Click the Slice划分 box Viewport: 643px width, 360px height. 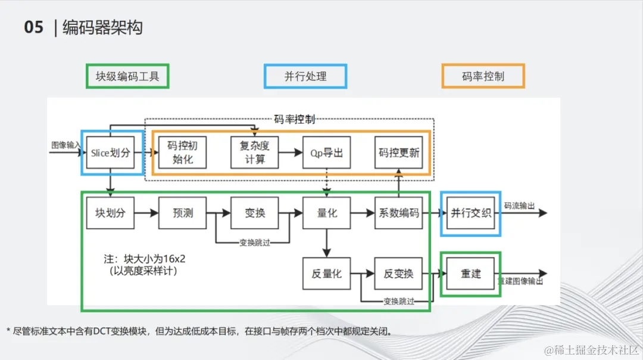click(x=110, y=153)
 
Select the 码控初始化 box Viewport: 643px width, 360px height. click(x=182, y=153)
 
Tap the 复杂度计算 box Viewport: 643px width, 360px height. click(x=255, y=153)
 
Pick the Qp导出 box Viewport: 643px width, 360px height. click(x=326, y=153)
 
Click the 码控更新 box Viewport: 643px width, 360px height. click(x=399, y=153)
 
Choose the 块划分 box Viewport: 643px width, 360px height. click(x=110, y=212)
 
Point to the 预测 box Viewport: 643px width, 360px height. click(x=183, y=212)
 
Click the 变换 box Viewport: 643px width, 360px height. click(x=255, y=212)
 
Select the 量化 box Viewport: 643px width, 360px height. click(x=327, y=212)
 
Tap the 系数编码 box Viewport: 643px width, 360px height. click(x=399, y=212)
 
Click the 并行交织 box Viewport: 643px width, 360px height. click(x=470, y=212)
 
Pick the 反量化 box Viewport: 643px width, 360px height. click(x=327, y=274)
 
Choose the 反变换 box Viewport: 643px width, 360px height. click(x=398, y=274)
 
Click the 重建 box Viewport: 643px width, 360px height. click(x=470, y=274)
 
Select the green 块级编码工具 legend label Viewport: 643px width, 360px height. click(x=127, y=76)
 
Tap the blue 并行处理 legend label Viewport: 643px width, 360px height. click(x=305, y=76)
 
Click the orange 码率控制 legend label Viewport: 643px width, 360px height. click(x=483, y=76)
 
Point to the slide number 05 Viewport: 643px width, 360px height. click(x=34, y=27)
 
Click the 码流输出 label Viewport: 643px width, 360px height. click(x=519, y=206)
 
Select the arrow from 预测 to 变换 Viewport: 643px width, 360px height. click(x=219, y=212)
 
